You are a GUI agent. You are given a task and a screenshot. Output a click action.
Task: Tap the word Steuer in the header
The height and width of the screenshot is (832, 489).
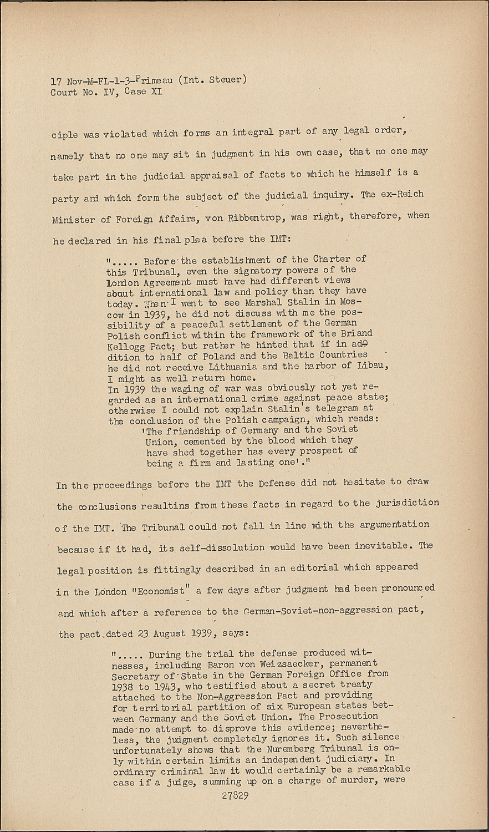coord(226,79)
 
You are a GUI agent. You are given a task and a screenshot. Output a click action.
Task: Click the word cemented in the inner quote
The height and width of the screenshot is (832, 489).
coord(201,441)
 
